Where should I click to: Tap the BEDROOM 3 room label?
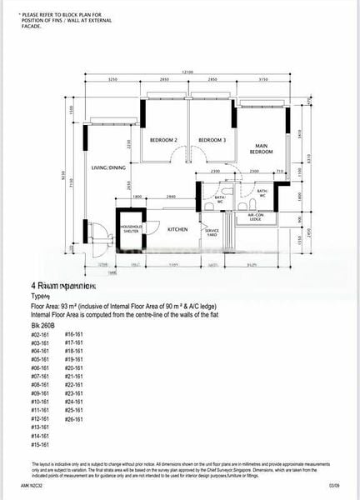(212, 139)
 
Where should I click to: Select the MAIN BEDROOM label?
(267, 149)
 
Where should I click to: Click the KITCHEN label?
(177, 229)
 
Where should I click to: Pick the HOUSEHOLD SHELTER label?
(131, 228)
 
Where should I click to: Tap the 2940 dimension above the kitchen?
(171, 196)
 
